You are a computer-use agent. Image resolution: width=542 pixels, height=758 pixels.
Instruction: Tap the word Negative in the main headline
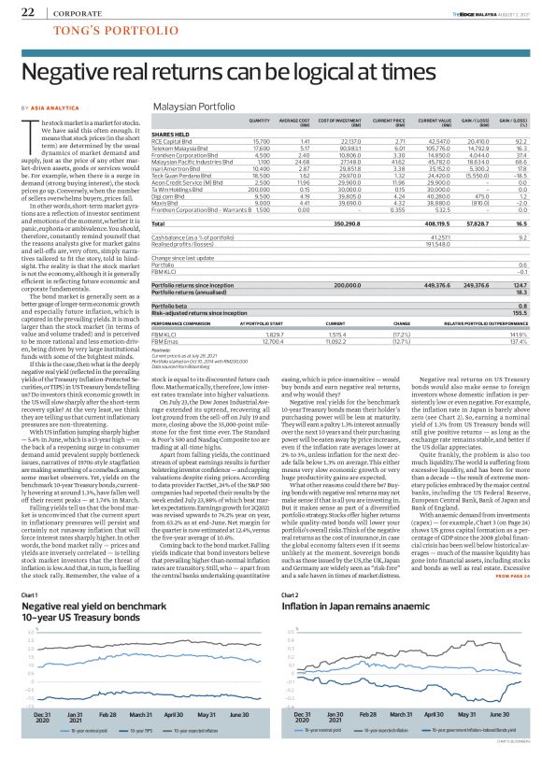point(68,72)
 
